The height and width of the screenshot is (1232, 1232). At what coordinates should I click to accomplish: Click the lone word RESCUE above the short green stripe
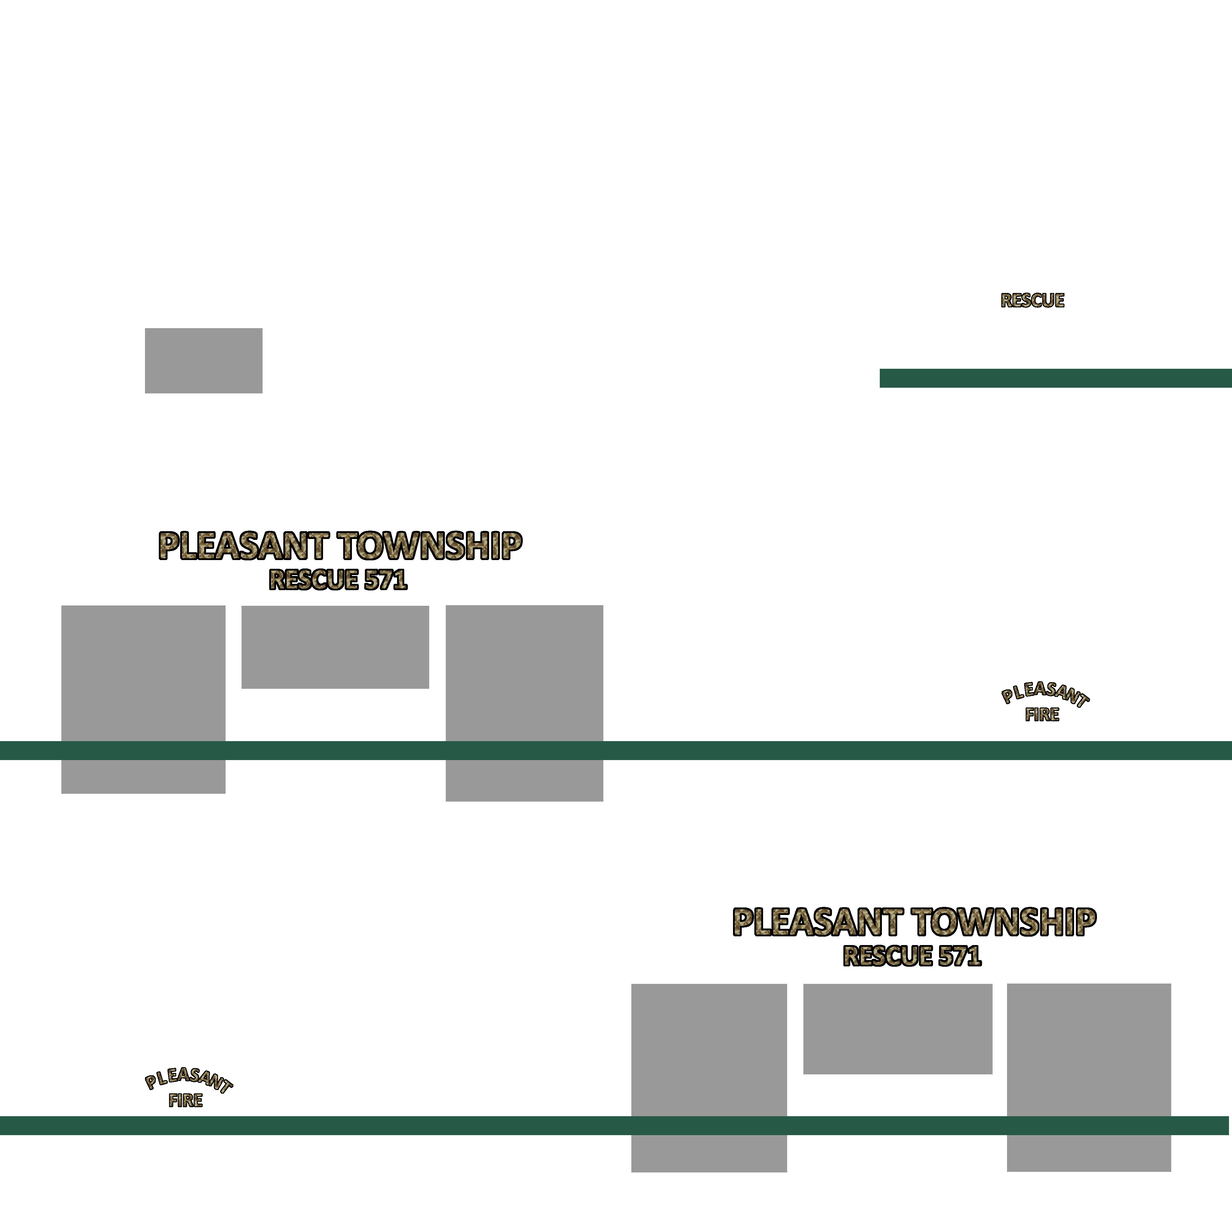[x=1032, y=300]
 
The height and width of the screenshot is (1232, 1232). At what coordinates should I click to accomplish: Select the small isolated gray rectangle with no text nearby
[x=203, y=361]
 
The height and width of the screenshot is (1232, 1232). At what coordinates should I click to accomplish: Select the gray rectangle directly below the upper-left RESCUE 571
[x=335, y=647]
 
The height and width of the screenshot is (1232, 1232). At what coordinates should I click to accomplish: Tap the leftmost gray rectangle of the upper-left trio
[x=143, y=700]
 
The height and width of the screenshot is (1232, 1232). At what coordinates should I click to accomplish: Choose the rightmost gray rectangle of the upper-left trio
[x=524, y=703]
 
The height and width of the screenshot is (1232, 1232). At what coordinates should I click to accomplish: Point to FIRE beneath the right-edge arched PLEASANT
[x=1042, y=715]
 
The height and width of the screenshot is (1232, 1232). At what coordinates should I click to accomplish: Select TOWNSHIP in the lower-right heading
[x=1004, y=922]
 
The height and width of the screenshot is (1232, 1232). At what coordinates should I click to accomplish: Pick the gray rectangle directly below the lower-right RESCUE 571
[x=898, y=1029]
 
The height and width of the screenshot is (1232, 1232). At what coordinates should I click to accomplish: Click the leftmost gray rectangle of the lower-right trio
[x=709, y=1078]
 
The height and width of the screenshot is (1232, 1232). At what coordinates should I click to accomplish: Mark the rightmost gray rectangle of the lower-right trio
[x=1089, y=1078]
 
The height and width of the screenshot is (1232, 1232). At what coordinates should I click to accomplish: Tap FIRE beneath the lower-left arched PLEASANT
[x=186, y=1100]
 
